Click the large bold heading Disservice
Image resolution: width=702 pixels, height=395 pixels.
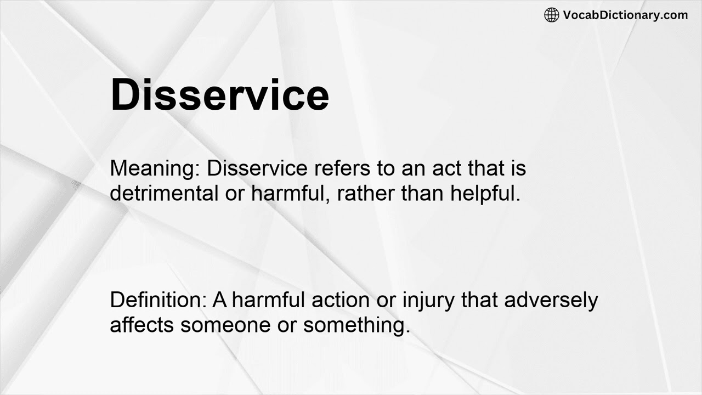click(x=219, y=95)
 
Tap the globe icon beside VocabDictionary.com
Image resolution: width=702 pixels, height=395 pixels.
click(x=551, y=15)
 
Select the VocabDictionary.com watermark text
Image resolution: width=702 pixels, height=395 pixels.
click(x=625, y=15)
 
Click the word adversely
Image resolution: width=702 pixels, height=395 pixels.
click(x=551, y=301)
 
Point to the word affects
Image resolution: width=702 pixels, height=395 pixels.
click(x=143, y=325)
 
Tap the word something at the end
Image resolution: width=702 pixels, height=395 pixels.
click(x=356, y=325)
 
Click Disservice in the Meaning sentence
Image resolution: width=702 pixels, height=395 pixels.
click(x=257, y=168)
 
